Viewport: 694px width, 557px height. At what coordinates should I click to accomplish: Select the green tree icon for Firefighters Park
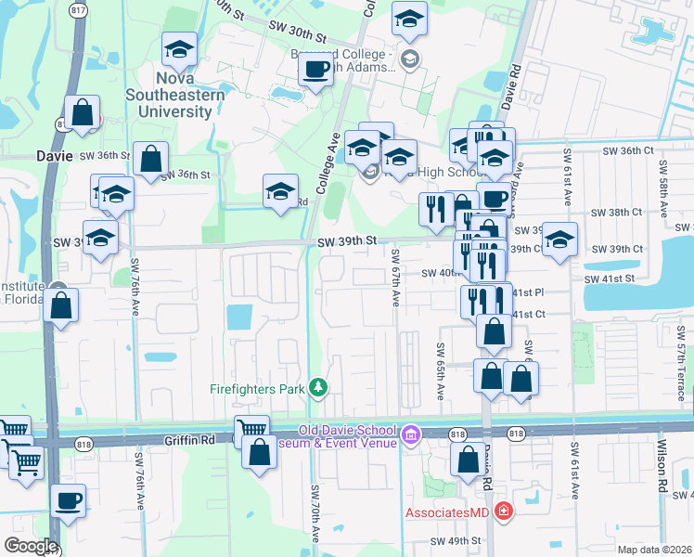(x=318, y=387)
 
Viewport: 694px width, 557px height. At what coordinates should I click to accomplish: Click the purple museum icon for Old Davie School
(x=410, y=434)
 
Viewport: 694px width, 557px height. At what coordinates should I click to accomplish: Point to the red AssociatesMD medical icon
(x=503, y=512)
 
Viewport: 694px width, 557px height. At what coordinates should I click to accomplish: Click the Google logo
(x=31, y=546)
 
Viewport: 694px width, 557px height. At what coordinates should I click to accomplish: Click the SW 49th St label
(x=456, y=540)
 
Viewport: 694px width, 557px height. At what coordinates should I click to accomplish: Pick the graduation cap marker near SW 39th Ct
(x=559, y=239)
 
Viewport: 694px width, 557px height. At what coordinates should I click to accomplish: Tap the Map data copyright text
(x=655, y=550)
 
